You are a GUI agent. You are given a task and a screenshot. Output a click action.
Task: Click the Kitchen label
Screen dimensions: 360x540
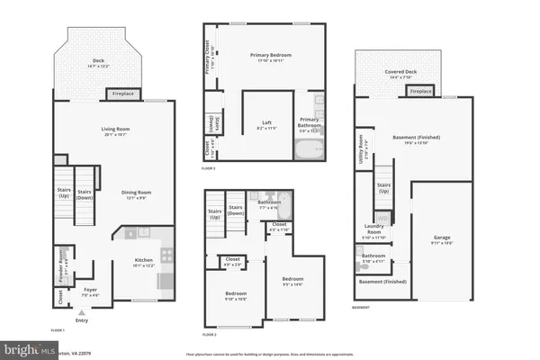coord(144,263)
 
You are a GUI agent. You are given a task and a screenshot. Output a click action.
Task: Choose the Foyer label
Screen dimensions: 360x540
coord(90,291)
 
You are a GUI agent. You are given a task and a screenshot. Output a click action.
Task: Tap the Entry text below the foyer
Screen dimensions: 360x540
coord(82,319)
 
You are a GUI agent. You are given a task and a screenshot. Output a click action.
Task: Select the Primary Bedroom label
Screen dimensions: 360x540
coord(266,58)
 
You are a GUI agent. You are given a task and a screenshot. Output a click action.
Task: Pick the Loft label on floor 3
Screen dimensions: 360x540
coord(267,124)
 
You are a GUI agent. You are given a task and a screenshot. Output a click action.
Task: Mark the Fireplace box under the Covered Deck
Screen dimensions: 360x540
coord(419,91)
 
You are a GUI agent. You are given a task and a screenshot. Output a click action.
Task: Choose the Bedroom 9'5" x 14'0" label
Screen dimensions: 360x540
coord(292,280)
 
